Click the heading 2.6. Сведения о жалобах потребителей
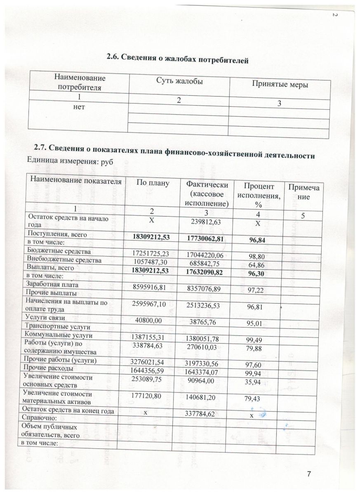pyautogui.click(x=177, y=59)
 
